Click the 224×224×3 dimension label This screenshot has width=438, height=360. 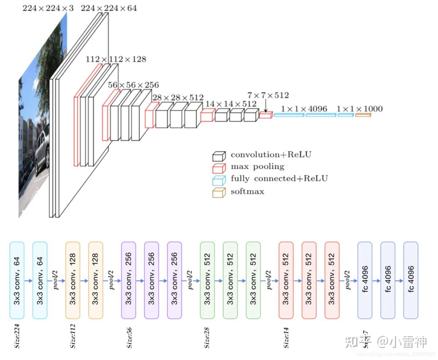pyautogui.click(x=48, y=8)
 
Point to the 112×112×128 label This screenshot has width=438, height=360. pyautogui.click(x=116, y=59)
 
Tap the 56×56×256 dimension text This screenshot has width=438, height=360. pyautogui.click(x=133, y=85)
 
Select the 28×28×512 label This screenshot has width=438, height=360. pyautogui.click(x=178, y=97)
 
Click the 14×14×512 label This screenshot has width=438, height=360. pyautogui.click(x=231, y=104)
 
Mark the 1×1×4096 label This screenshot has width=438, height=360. pyautogui.click(x=304, y=109)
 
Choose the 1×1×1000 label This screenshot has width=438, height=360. pyautogui.click(x=360, y=109)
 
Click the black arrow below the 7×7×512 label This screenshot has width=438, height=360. pyautogui.click(x=266, y=106)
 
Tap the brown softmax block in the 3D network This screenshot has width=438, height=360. pyautogui.click(x=363, y=115)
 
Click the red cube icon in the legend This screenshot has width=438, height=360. pyautogui.click(x=218, y=168)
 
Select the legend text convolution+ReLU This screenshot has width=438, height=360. pyautogui.click(x=271, y=155)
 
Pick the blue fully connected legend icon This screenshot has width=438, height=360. pyautogui.click(x=218, y=180)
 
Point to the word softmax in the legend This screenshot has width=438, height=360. pyautogui.click(x=247, y=191)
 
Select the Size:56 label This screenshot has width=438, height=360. pyautogui.click(x=129, y=337)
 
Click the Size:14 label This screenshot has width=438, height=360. pyautogui.click(x=286, y=337)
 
